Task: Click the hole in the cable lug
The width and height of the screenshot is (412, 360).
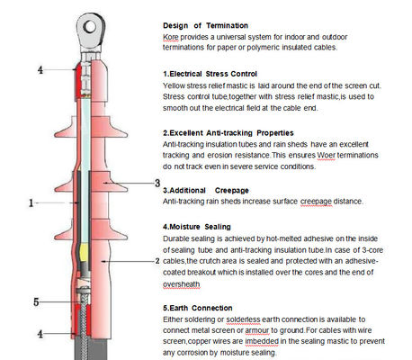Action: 90,27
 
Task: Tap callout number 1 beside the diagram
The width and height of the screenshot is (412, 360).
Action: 31,203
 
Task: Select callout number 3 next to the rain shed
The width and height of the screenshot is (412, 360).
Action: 157,183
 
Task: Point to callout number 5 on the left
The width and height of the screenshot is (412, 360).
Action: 36,301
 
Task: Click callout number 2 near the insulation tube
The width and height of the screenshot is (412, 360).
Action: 157,261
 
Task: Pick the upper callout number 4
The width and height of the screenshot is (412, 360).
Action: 40,70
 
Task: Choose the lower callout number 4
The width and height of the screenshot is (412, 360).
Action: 40,334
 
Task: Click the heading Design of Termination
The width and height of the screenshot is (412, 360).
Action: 205,25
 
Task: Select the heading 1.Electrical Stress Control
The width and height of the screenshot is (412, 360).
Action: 210,74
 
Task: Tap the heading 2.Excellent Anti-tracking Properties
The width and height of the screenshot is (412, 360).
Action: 228,133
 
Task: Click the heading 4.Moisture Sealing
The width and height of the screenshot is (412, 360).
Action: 197,227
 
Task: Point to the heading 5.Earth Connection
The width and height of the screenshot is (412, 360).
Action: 198,308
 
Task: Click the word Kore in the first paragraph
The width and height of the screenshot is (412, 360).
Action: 171,37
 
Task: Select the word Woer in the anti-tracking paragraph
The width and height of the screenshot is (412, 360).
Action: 326,156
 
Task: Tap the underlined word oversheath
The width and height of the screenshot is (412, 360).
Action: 181,284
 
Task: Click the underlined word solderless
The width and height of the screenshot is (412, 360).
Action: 243,319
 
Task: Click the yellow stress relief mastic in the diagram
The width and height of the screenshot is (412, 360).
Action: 85,253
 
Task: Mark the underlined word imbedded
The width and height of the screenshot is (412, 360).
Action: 262,341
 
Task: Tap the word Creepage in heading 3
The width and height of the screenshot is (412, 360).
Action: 232,191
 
